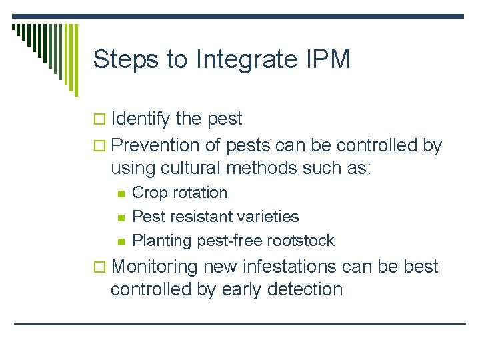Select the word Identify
(x=141, y=120)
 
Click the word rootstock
(x=300, y=240)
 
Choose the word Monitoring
(x=155, y=267)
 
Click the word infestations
(x=283, y=267)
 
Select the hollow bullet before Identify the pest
(x=102, y=120)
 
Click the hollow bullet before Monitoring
(x=102, y=267)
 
